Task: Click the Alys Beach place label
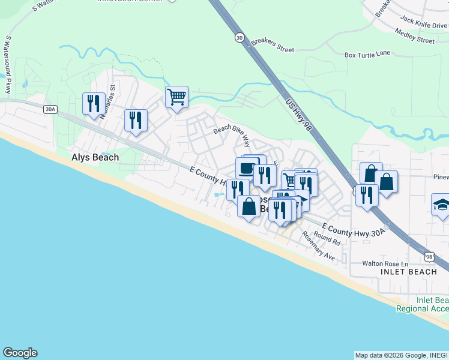click(95, 157)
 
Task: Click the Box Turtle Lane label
click(367, 54)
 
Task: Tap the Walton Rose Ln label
click(385, 264)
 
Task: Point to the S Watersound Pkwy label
click(8, 64)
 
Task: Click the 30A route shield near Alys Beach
click(50, 109)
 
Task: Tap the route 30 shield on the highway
click(240, 37)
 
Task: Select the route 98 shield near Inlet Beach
click(429, 257)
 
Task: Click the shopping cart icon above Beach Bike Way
click(177, 96)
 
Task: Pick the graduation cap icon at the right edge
click(441, 204)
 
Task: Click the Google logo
click(20, 353)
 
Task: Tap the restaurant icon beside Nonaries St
click(94, 103)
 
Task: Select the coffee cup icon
click(246, 167)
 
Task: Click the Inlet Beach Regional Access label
click(423, 304)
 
